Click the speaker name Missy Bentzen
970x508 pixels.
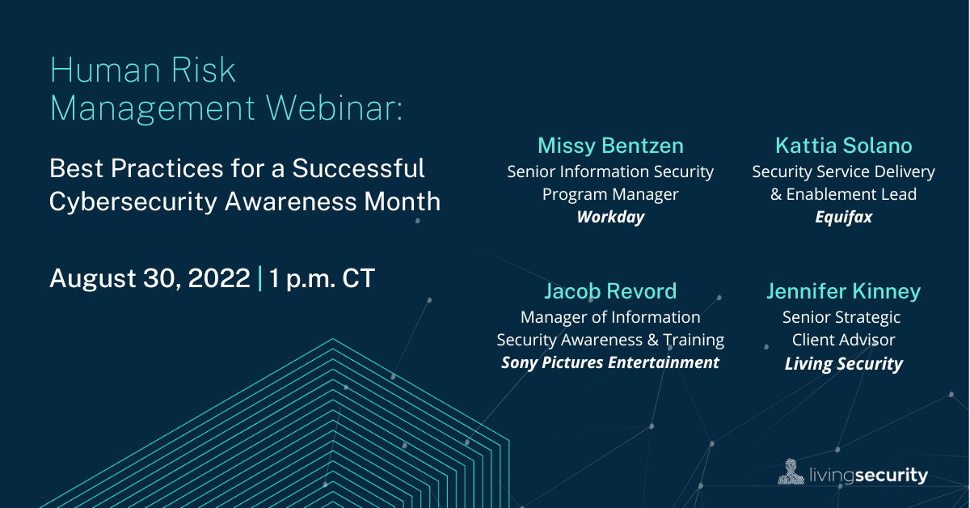pyautogui.click(x=610, y=146)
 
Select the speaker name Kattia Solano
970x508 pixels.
pyautogui.click(x=843, y=146)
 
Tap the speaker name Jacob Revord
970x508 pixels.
pyautogui.click(x=610, y=291)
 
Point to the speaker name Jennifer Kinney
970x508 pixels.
pyautogui.click(x=843, y=291)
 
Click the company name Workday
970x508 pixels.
pyautogui.click(x=610, y=218)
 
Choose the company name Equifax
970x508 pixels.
pyautogui.click(x=843, y=218)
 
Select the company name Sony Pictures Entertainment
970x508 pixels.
pyautogui.click(x=610, y=362)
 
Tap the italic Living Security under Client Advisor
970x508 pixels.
pyautogui.click(x=843, y=364)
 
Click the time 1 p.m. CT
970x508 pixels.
pyautogui.click(x=323, y=278)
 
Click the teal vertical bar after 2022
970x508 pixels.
pyautogui.click(x=259, y=278)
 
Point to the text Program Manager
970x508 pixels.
pyautogui.click(x=610, y=194)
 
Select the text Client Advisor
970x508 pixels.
pyautogui.click(x=843, y=341)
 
